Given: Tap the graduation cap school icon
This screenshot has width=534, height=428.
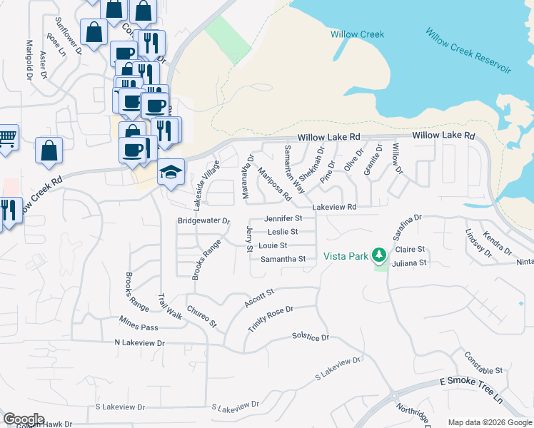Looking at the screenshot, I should (171, 172).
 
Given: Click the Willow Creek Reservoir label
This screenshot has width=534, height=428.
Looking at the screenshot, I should (468, 50).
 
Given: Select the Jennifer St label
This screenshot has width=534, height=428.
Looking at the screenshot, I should (283, 218).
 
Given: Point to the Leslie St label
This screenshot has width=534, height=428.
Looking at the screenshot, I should (282, 232).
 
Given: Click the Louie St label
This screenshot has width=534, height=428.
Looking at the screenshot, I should (273, 245).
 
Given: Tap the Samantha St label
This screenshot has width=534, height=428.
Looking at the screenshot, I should (283, 259).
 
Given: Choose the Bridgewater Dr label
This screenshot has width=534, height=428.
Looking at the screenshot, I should (203, 221).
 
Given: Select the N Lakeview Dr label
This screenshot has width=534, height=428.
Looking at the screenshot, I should (140, 343).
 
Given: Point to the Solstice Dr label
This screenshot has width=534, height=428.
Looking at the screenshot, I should (311, 337).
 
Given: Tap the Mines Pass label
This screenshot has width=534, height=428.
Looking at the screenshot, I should (138, 322).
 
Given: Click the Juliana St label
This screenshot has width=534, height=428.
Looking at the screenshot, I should (410, 263).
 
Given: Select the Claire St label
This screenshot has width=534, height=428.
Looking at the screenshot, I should (410, 250).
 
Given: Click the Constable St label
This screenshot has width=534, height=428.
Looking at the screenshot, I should (483, 363).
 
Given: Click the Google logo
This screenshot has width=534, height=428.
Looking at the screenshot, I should (23, 419).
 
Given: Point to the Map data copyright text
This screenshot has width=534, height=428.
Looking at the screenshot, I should (489, 422).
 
